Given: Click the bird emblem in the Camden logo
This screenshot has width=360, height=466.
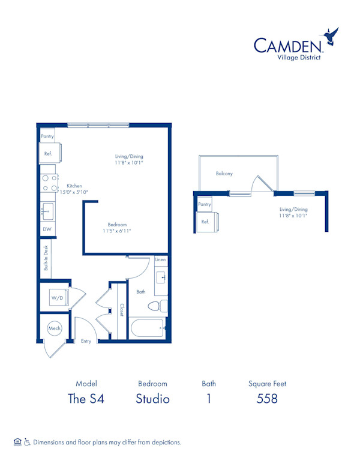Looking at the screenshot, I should pos(331,37).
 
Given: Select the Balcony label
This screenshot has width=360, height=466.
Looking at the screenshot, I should pos(224,174).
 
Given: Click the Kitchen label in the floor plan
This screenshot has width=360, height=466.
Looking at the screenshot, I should pos(74,186).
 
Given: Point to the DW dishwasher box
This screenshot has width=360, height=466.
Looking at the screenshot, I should pos(47,229).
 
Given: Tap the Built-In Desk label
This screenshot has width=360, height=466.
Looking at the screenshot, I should pos(46,259).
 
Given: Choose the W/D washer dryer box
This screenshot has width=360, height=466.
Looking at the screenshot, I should pos(56,297).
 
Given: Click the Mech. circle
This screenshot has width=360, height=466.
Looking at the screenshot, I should pos(55,329).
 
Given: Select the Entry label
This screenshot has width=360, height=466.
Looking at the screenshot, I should pos(86,340).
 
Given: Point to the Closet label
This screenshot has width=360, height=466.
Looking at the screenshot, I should pos(121,309).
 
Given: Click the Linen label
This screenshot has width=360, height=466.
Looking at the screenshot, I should pos(160,260).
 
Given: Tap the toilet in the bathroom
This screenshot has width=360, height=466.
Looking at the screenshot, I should pos(158,306).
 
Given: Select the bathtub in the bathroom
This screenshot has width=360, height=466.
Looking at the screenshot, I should pos(148,328).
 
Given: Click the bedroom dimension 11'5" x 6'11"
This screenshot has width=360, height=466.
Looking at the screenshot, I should pos(116,231).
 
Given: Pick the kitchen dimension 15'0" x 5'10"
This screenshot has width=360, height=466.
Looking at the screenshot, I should pos(74,192).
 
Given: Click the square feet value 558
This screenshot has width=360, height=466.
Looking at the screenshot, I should pos(267,398).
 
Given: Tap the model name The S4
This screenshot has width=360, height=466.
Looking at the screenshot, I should pos(86,398).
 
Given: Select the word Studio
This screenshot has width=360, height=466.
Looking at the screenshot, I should pos(152,398).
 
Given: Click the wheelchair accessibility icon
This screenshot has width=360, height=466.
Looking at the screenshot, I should pos(26,442).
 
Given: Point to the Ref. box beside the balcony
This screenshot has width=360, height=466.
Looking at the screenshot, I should pos(206,222).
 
